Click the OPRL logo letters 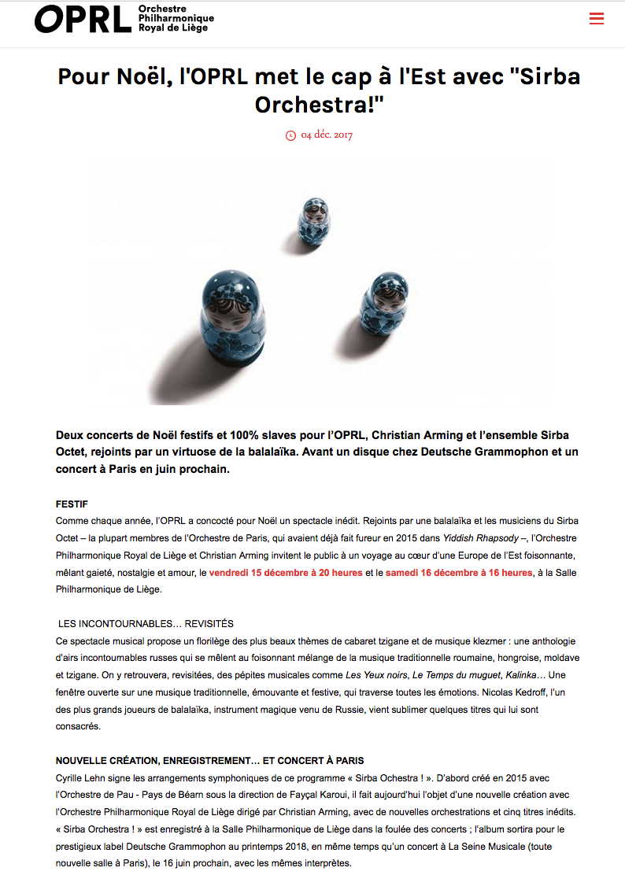(82, 20)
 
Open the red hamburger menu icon (597, 19)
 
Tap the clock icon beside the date (290, 135)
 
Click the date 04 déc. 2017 (327, 135)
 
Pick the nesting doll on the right (384, 305)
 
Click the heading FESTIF (72, 503)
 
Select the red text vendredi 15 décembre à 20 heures (286, 573)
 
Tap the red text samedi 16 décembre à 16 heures (459, 573)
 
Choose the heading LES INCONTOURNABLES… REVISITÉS (146, 624)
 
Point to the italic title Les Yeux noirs (376, 675)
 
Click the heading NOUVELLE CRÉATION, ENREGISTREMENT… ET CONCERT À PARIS (210, 761)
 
